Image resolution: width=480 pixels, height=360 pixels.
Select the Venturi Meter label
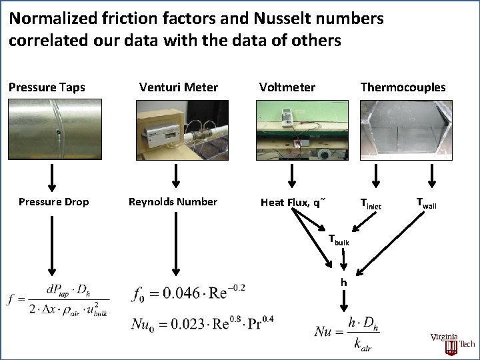click(x=178, y=87)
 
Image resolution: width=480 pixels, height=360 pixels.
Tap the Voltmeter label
click(x=287, y=87)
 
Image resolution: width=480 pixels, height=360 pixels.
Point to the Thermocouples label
click(x=403, y=87)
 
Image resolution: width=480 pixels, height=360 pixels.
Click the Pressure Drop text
click(x=53, y=202)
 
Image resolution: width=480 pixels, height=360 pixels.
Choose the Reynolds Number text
click(x=173, y=202)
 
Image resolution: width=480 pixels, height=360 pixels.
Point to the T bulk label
click(x=339, y=241)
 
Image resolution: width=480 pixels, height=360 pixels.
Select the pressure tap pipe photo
click(x=52, y=131)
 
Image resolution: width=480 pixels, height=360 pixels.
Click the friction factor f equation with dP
click(x=58, y=301)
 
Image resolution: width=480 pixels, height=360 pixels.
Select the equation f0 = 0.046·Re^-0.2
click(x=189, y=292)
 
